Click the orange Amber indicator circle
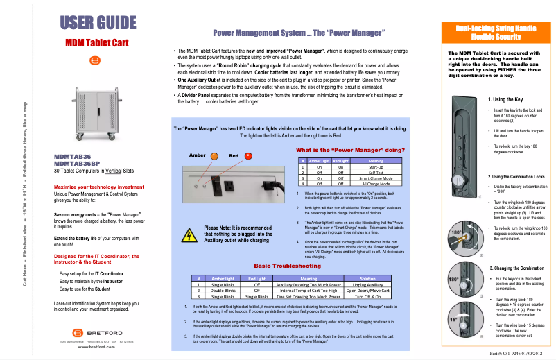pyautogui.click(x=215, y=156)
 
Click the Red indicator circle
pyautogui.click(x=248, y=156)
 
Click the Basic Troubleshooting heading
pyautogui.click(x=287, y=266)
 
